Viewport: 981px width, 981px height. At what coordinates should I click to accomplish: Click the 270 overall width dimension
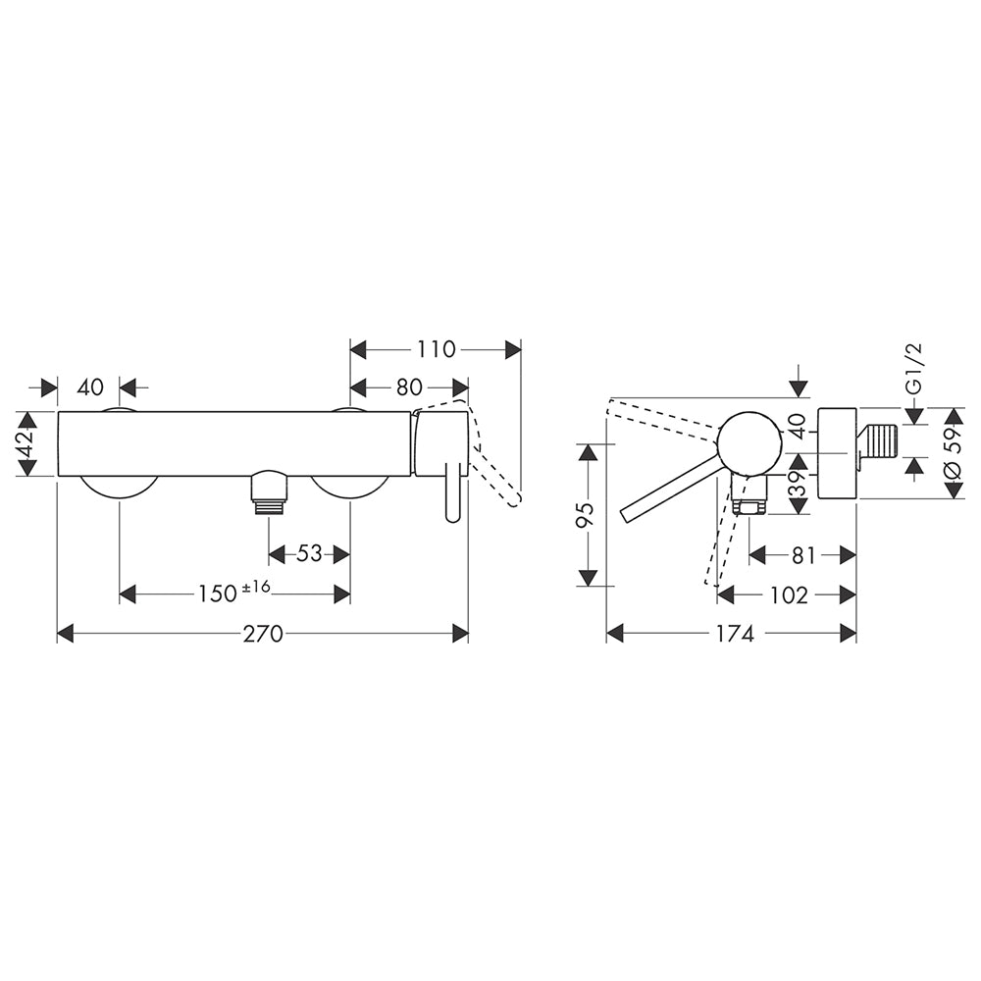tap(263, 634)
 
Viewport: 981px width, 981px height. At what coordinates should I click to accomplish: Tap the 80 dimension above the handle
tap(409, 387)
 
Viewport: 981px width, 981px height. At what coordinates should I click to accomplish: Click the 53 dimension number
tap(309, 553)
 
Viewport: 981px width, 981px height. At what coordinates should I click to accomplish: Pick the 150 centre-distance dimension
tap(218, 594)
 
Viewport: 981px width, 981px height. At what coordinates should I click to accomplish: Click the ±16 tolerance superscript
tap(255, 587)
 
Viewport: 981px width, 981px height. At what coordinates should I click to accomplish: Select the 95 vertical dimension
tap(587, 514)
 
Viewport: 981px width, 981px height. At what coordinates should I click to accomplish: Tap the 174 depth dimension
tap(735, 634)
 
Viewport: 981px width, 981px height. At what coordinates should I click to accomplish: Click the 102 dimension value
tap(790, 595)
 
